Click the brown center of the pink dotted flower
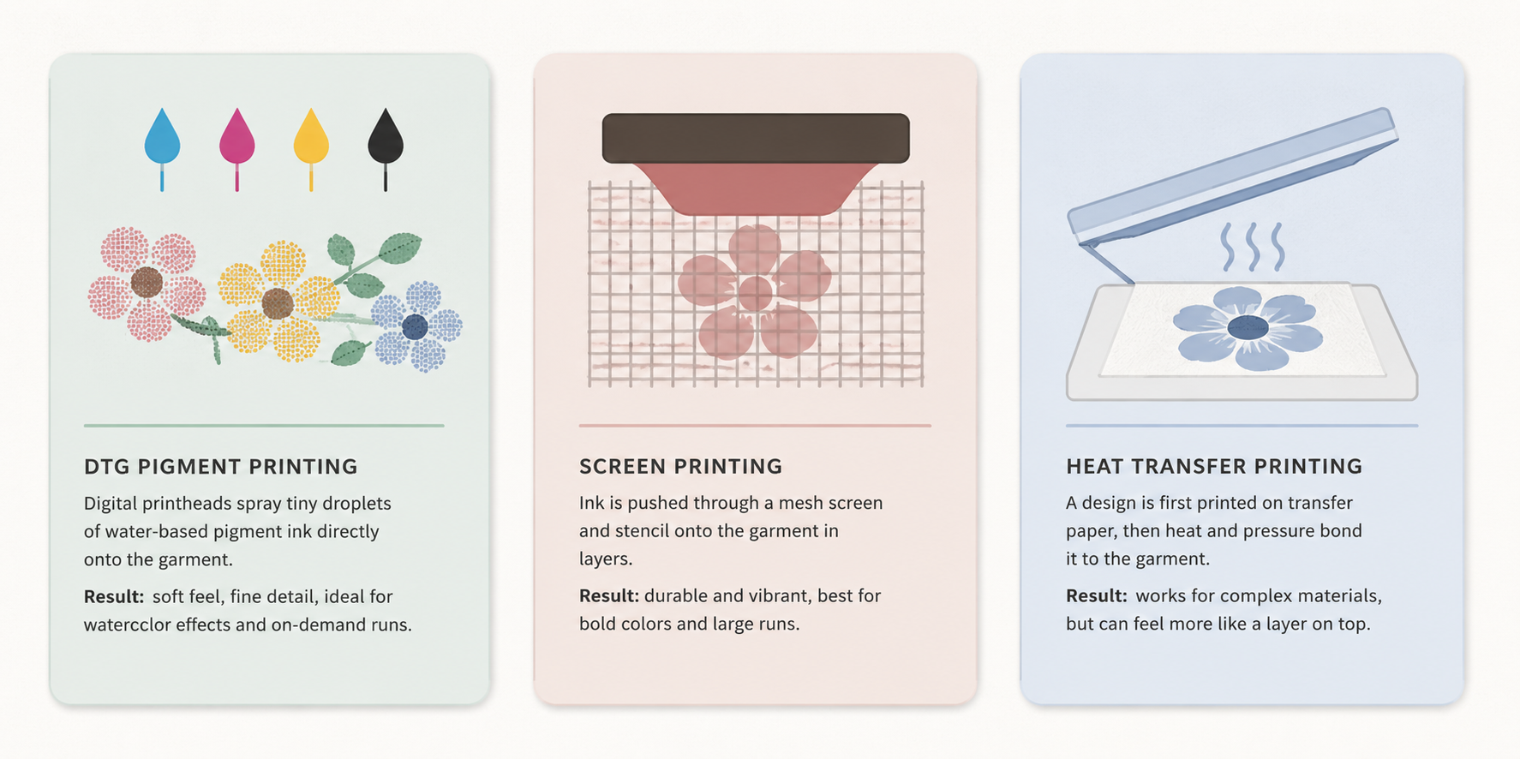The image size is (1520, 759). click(x=147, y=282)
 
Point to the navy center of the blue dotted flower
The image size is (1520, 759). click(x=416, y=326)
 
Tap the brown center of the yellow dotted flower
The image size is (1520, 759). click(x=278, y=303)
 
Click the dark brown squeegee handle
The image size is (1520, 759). click(x=756, y=138)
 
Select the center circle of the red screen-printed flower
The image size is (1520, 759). click(x=755, y=294)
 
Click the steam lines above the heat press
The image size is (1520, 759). click(x=1253, y=247)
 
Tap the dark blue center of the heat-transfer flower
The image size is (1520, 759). click(x=1248, y=326)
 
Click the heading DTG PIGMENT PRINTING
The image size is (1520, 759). click(x=221, y=467)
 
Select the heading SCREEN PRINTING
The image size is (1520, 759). click(x=681, y=467)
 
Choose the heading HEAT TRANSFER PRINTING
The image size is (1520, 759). click(x=1214, y=467)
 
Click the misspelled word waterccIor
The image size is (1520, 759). click(x=127, y=625)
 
